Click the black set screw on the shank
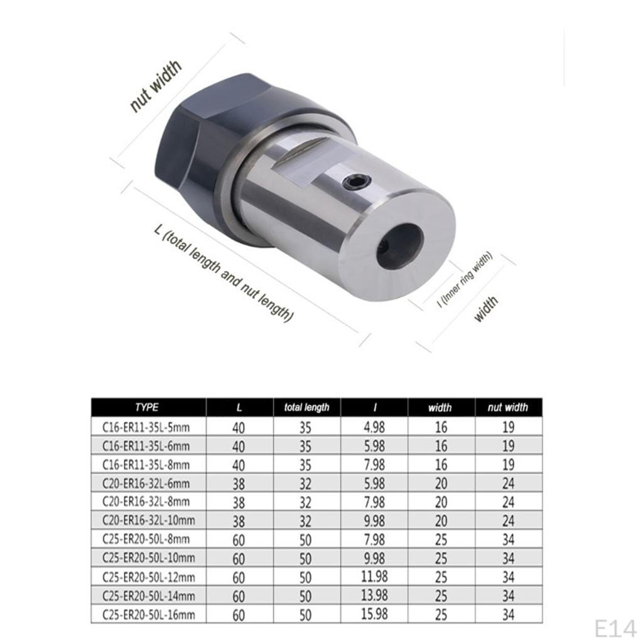point(357,181)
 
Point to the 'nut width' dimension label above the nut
point(156,85)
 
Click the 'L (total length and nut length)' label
point(224,273)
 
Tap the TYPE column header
point(147,407)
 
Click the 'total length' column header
point(306,407)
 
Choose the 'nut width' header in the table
point(507,407)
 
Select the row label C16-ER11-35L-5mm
point(146,427)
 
